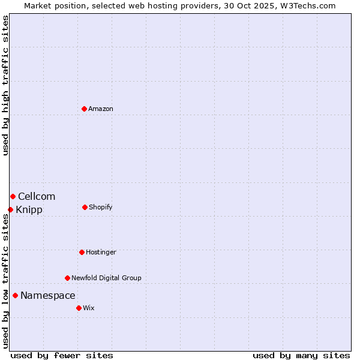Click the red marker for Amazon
click(84, 109)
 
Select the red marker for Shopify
click(85, 207)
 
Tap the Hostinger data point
click(82, 252)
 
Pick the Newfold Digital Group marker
click(67, 278)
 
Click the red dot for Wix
click(79, 308)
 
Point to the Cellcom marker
click(13, 196)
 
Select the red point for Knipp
click(10, 209)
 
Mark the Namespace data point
click(15, 295)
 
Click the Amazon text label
click(101, 109)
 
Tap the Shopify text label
click(101, 207)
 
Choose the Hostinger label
click(101, 252)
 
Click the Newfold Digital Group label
click(107, 278)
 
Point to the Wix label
click(89, 308)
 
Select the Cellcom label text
click(37, 196)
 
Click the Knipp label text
click(29, 209)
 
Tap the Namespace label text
click(48, 295)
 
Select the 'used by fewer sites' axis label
click(62, 355)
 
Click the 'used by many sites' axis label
click(301, 355)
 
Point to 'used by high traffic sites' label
click(5, 85)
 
